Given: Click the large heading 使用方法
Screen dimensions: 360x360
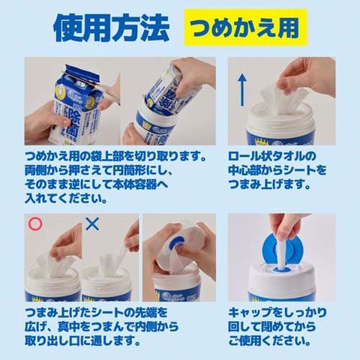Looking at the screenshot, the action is pos(112,28).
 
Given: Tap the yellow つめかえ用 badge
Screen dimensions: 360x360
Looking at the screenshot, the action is pos(246,28).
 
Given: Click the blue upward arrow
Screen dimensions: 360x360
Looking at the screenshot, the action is pos(242,90).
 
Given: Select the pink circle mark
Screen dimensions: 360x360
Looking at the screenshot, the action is pos(35,223).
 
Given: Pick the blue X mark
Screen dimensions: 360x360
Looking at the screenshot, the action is pos(92,223).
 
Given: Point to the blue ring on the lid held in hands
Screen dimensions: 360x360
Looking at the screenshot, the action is pos(178,242).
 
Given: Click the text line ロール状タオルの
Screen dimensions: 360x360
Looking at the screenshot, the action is pos(272,156).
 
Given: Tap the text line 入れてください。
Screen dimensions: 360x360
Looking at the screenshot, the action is pos(66,199).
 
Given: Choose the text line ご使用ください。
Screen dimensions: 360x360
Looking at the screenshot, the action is pos(269,340).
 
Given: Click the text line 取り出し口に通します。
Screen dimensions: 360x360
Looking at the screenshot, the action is pos(82,340).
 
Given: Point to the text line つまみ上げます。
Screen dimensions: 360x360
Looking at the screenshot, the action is pos(269,185).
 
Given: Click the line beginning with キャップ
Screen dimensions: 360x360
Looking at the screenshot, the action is pos(277,312).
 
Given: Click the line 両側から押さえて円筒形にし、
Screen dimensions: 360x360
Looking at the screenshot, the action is pos(98,170).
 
